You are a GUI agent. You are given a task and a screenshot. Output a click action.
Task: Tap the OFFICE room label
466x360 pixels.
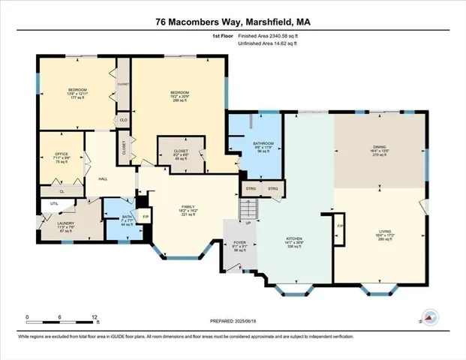[x=62, y=154]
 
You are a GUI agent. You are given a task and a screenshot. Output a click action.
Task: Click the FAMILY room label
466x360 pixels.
[x=188, y=208]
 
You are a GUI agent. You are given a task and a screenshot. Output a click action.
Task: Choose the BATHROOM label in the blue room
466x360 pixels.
[x=263, y=143]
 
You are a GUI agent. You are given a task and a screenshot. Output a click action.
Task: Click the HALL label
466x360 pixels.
[x=104, y=179]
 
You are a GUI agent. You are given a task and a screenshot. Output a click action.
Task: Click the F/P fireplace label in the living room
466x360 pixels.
[x=341, y=226]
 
